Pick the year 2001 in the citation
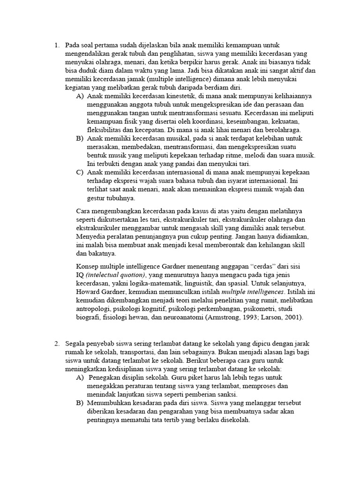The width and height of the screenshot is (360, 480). tap(292, 317)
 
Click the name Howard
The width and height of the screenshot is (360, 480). tap(89, 292)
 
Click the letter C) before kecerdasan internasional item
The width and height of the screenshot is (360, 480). tap(79, 172)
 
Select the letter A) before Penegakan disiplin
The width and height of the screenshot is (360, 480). tap(79, 377)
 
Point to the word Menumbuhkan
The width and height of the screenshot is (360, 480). tap(111, 403)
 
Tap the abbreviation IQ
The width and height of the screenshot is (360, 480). tap(80, 275)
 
